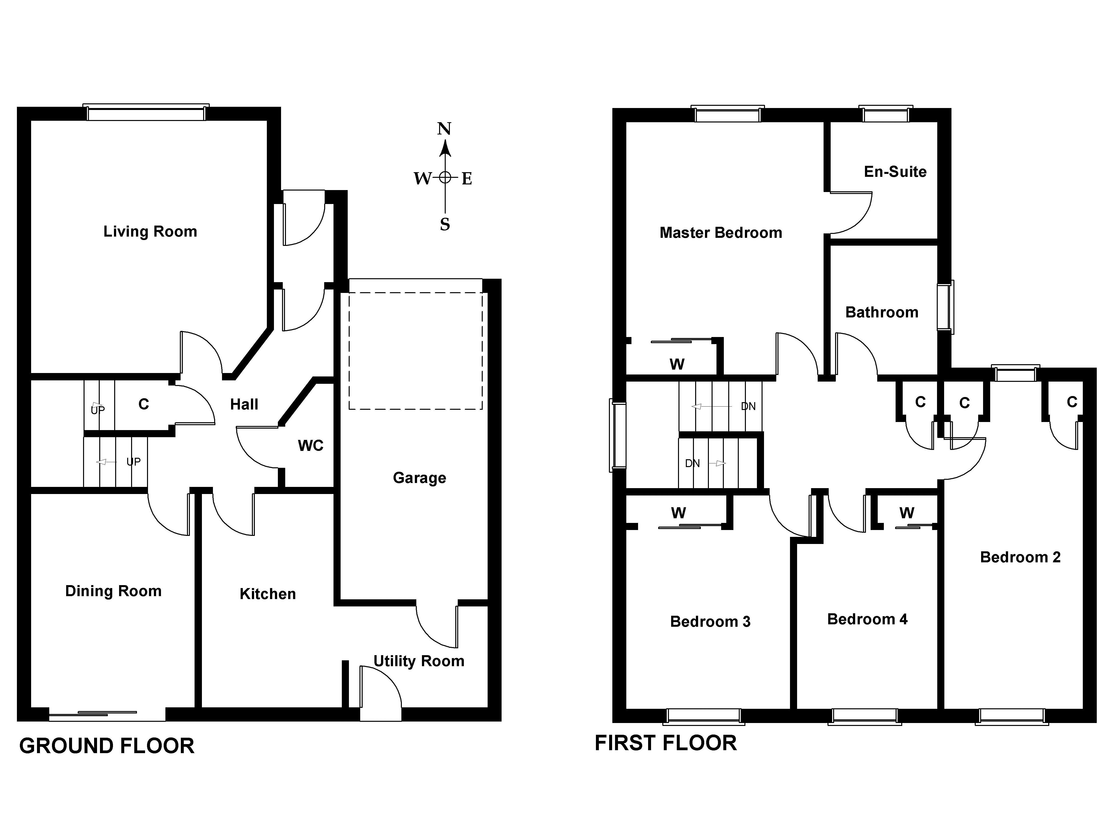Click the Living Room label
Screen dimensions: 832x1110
pyautogui.click(x=150, y=232)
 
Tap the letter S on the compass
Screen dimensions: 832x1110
pyautogui.click(x=444, y=225)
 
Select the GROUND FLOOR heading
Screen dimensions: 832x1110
pyautogui.click(x=106, y=746)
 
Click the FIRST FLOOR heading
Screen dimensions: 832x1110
pyautogui.click(x=666, y=743)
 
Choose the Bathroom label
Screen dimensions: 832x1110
pyautogui.click(x=882, y=313)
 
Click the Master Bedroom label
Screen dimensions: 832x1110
pyautogui.click(x=721, y=233)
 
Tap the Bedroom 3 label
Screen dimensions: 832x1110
pyautogui.click(x=710, y=622)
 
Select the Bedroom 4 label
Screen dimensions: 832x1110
pyautogui.click(x=867, y=619)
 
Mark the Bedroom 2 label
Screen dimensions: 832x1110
pyautogui.click(x=1020, y=557)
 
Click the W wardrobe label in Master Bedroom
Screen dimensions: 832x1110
pyautogui.click(x=677, y=365)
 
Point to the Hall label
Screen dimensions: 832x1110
pyautogui.click(x=244, y=404)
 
